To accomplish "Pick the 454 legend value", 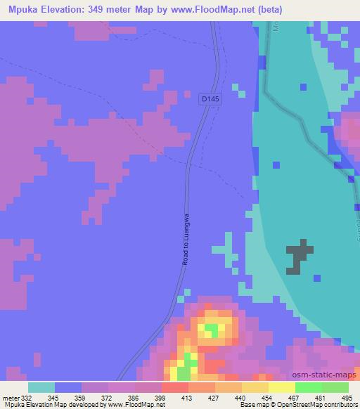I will click(x=267, y=398).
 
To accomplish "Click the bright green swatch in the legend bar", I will click(x=308, y=387).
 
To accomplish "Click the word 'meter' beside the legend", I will click(x=9, y=398).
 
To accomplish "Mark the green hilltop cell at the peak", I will click(x=210, y=328).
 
